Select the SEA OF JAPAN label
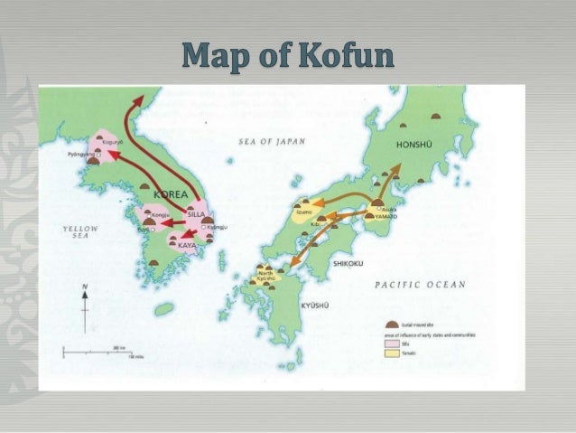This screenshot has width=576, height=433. pyautogui.click(x=272, y=141)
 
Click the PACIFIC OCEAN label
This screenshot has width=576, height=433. pyautogui.click(x=420, y=285)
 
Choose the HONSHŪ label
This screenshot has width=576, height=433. pyautogui.click(x=414, y=146)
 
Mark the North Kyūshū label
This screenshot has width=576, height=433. pyautogui.click(x=265, y=276)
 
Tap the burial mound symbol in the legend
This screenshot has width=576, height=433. pyautogui.click(x=391, y=323)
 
